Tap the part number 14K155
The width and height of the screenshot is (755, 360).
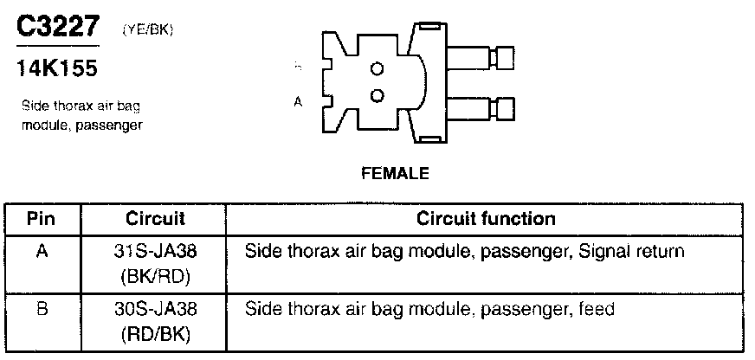(x=56, y=68)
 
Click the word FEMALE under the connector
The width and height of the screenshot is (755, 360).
(x=394, y=173)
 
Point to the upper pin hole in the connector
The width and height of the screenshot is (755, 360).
(x=377, y=68)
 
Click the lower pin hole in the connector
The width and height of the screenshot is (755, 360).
(x=377, y=94)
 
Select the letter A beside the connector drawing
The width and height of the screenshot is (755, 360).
(x=299, y=101)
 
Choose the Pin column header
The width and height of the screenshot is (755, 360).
(x=41, y=218)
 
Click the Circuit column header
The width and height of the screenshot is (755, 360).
(x=155, y=218)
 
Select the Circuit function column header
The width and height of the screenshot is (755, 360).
(x=486, y=218)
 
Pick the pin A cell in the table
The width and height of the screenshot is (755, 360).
(x=41, y=253)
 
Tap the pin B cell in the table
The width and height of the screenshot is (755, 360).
(x=41, y=309)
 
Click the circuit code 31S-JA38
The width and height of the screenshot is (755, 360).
(x=156, y=253)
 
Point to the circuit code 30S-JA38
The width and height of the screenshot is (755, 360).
(x=156, y=309)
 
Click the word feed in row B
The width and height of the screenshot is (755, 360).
(x=597, y=309)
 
